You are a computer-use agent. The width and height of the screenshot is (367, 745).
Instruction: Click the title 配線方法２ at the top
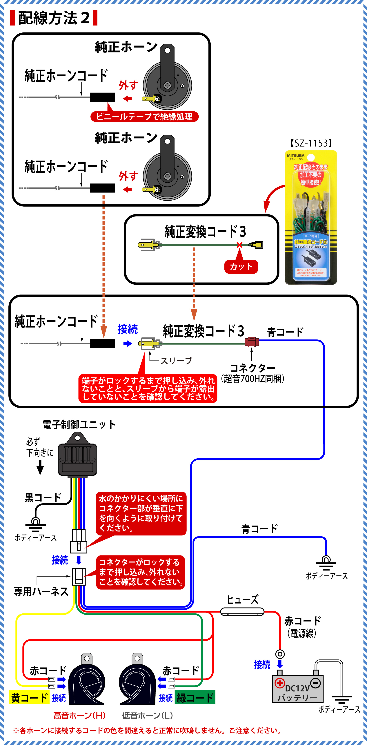click(x=54, y=18)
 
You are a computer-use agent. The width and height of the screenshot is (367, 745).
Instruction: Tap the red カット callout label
click(x=241, y=266)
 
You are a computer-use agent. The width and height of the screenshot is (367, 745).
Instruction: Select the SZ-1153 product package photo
click(x=311, y=217)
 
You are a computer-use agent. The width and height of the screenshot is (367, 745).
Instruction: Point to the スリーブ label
click(x=176, y=361)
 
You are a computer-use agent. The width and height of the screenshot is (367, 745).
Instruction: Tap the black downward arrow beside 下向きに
click(x=40, y=467)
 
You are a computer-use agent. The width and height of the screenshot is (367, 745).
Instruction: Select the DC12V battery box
click(x=298, y=689)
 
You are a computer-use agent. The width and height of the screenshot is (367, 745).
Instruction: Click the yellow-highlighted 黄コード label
click(x=29, y=698)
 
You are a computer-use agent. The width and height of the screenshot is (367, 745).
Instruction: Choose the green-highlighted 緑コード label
click(x=195, y=698)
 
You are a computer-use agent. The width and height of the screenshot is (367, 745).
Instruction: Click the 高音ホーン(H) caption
click(x=79, y=715)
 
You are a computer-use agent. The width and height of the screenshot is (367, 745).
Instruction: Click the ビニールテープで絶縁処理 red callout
click(x=144, y=117)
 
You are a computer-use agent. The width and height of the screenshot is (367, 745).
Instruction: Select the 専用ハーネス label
click(x=41, y=591)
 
